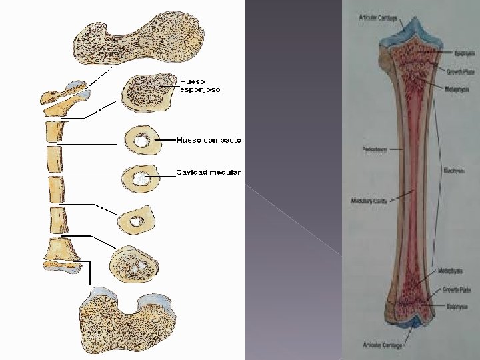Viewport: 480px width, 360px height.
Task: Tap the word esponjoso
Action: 199,89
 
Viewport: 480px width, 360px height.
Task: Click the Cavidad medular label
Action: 208,173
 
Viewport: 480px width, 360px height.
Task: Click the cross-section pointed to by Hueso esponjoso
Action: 145,94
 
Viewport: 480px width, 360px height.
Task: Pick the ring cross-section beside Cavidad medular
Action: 141,179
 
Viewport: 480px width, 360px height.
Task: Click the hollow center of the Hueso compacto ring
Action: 141,141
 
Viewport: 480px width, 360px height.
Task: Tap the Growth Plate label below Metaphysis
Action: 455,291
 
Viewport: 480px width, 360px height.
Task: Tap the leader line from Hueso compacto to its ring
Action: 167,141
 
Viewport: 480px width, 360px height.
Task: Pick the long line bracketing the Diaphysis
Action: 437,173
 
